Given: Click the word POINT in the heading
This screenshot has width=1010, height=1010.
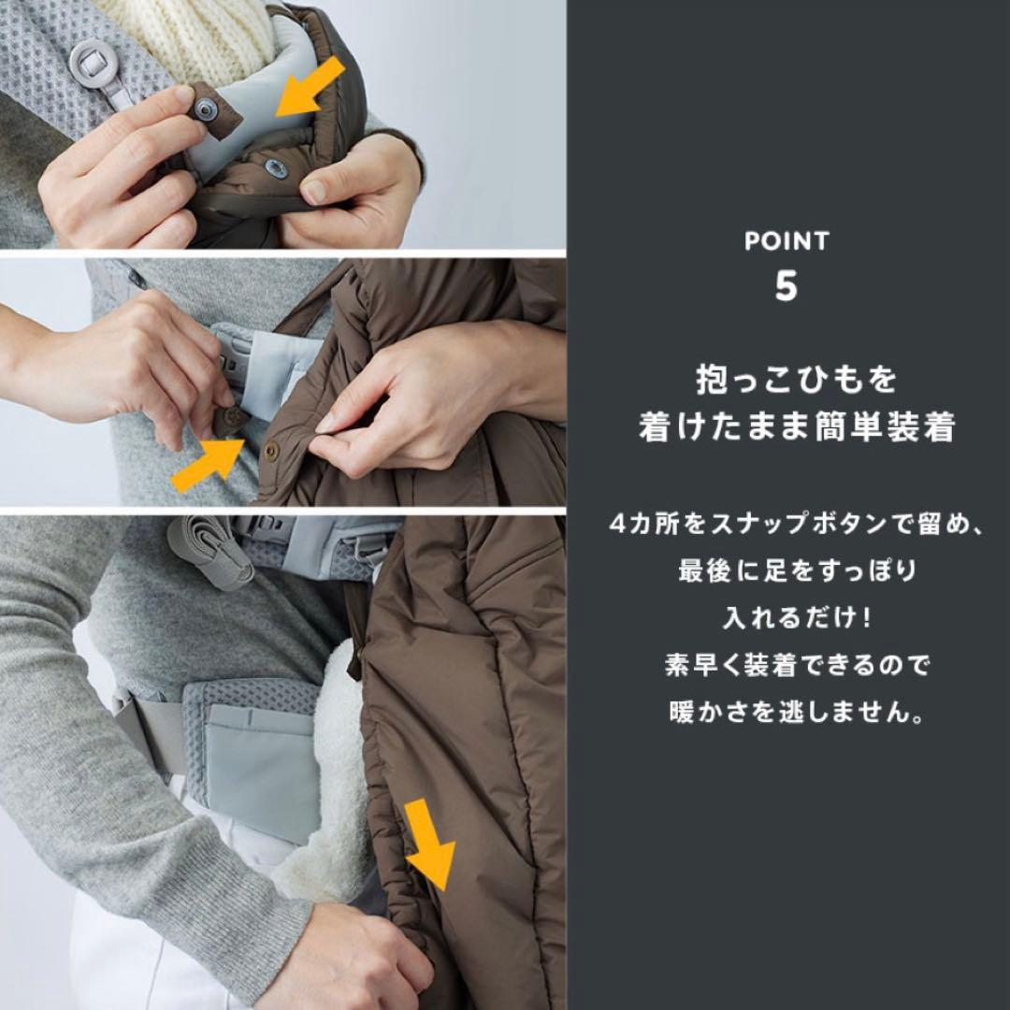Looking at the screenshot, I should point(786,240).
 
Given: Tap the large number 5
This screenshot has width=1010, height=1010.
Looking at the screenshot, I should point(786,287).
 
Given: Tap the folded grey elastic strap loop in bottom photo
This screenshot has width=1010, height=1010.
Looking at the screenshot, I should point(210,552).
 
